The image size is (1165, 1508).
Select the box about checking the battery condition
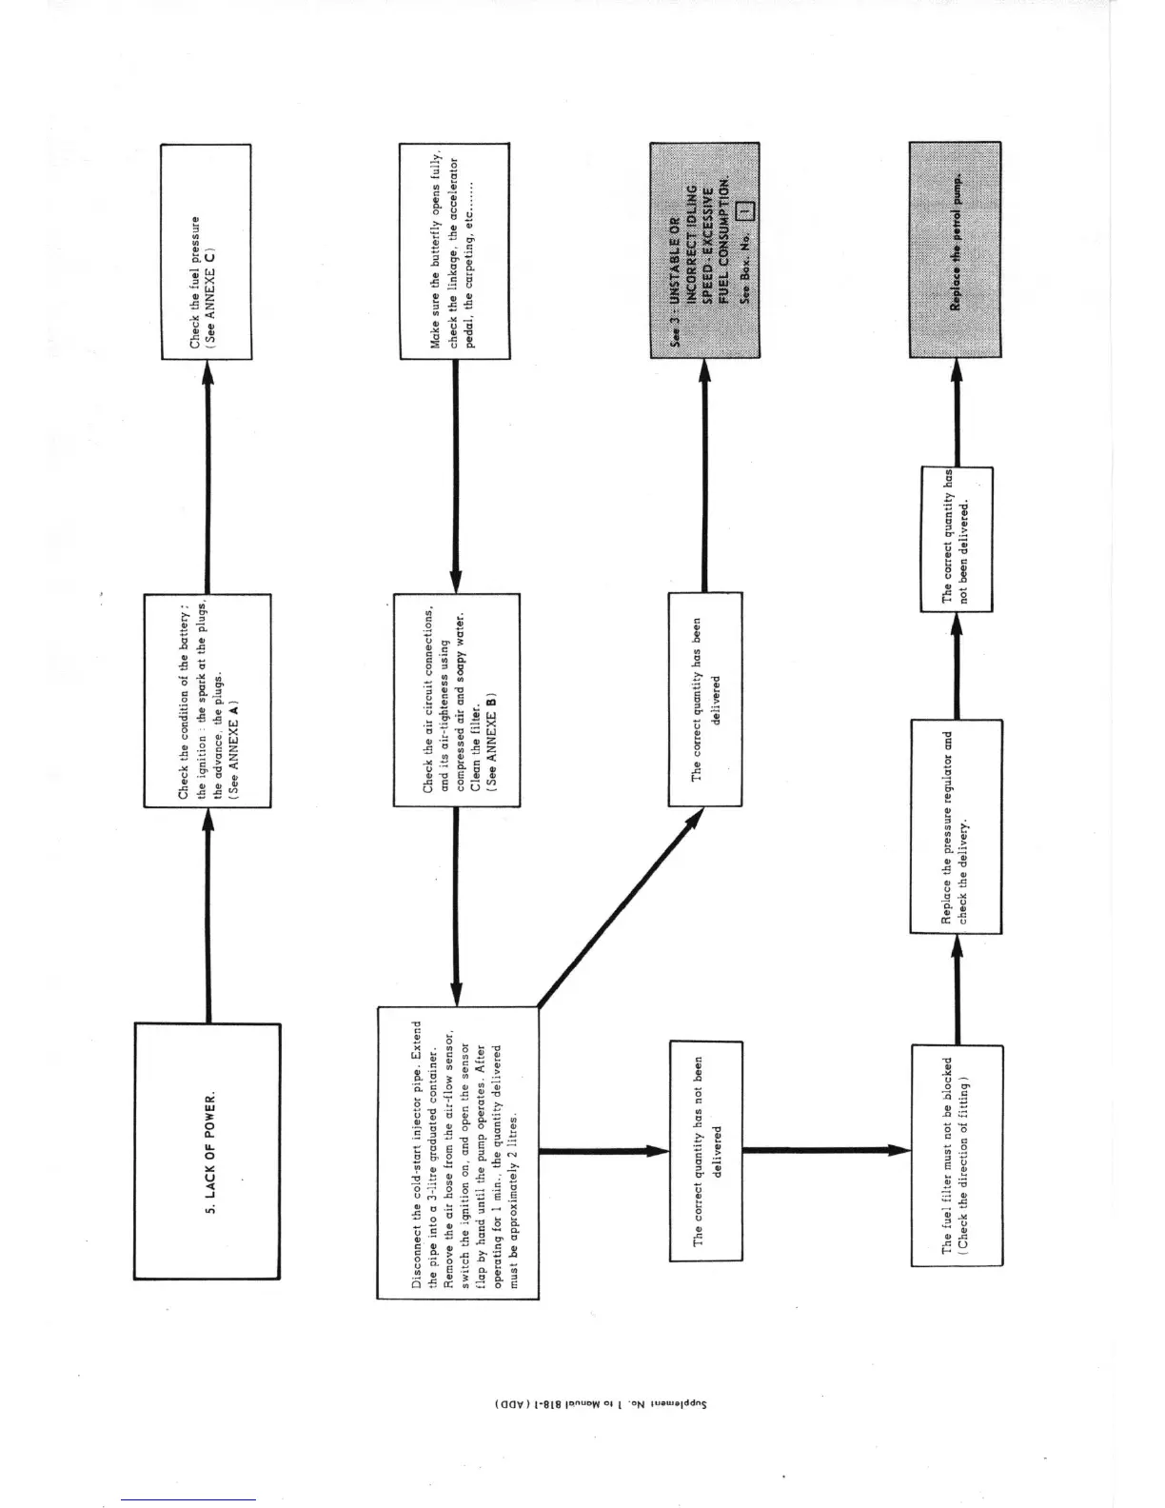click(x=207, y=701)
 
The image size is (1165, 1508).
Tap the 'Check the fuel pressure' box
click(x=207, y=251)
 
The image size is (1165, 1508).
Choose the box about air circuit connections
click(x=457, y=701)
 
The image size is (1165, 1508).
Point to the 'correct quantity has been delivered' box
click(x=705, y=701)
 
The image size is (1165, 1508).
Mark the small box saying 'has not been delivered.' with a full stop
click(x=957, y=539)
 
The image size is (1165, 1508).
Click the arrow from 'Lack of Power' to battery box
click(x=207, y=914)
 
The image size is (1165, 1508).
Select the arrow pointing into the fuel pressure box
click(x=207, y=476)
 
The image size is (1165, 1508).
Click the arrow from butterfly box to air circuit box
click(x=456, y=476)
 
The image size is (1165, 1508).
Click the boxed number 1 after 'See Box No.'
click(x=746, y=210)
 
